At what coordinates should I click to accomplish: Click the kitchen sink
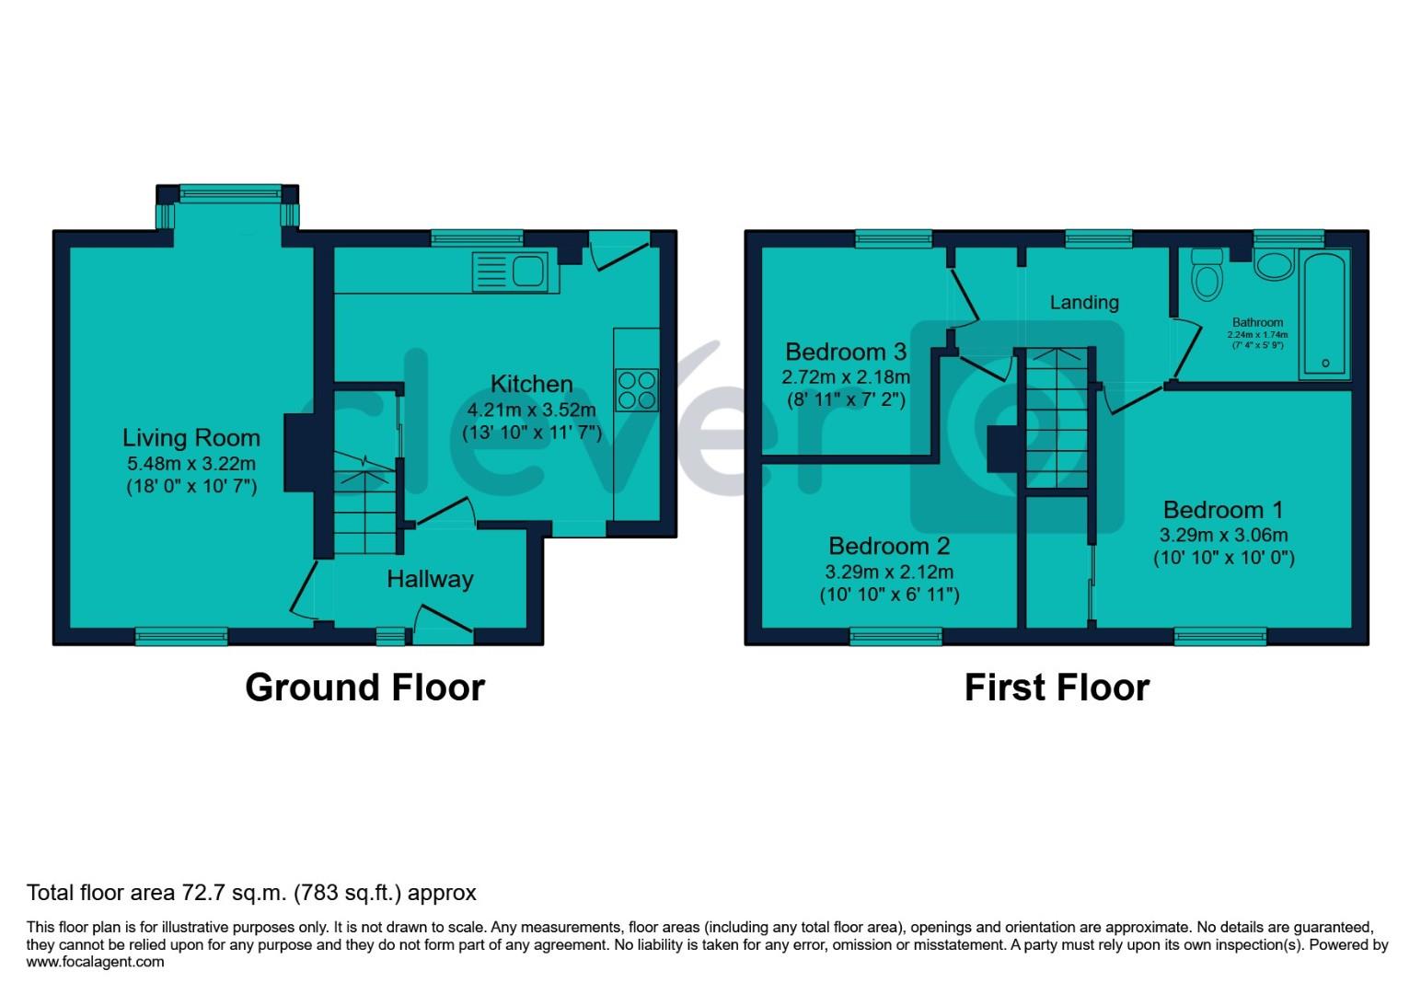point(510,272)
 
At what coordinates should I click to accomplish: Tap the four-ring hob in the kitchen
point(637,389)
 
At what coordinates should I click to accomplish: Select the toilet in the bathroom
point(1205,273)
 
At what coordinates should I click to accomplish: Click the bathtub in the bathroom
point(1325,314)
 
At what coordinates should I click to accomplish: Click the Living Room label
point(191,438)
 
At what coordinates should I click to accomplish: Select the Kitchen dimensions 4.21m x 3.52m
point(532,410)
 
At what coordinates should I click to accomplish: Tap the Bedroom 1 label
point(1222,510)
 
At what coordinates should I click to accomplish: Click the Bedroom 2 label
point(889,547)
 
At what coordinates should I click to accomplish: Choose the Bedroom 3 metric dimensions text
point(846,376)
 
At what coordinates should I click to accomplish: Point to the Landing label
point(1084,302)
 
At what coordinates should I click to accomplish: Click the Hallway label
point(430,579)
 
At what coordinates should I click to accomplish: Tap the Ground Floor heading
point(364,688)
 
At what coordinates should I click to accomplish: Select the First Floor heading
point(1057,688)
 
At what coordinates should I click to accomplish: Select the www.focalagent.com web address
point(96,962)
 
